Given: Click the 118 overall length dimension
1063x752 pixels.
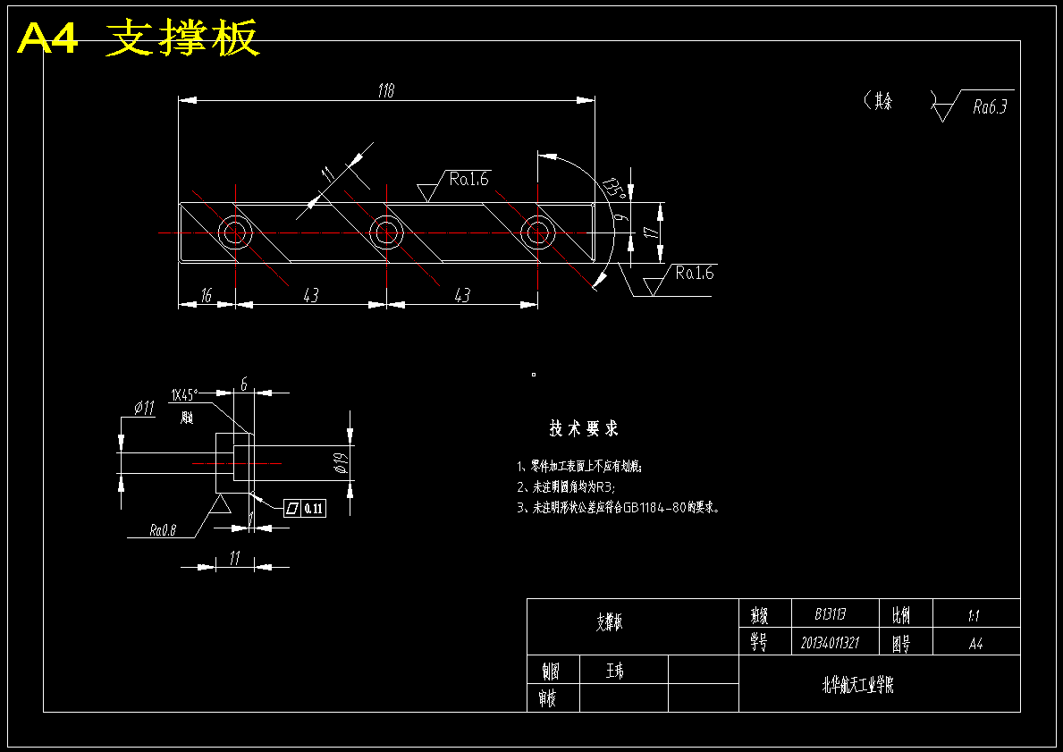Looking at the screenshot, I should click(x=386, y=90).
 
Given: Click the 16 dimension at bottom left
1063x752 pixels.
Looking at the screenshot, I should click(x=206, y=296).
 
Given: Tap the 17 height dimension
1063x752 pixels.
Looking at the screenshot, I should click(x=652, y=232).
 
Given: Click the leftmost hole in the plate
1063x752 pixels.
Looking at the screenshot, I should click(x=235, y=232).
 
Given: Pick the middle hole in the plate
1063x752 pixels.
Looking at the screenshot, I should click(x=386, y=232).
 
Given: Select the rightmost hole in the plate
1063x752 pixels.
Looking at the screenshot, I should click(x=537, y=232).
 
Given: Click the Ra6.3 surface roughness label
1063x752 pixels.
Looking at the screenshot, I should click(x=990, y=107).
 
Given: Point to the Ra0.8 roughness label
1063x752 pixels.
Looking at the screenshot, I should click(x=164, y=530).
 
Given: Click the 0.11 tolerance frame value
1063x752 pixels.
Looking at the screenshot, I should click(x=314, y=508).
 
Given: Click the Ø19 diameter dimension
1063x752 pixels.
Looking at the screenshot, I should click(x=339, y=462).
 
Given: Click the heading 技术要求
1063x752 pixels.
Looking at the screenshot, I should click(x=584, y=429).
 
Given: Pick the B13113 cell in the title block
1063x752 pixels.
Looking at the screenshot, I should click(x=831, y=614).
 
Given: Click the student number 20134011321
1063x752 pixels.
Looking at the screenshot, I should click(x=830, y=643).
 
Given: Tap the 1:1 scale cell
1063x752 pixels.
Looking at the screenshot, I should click(x=974, y=615).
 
